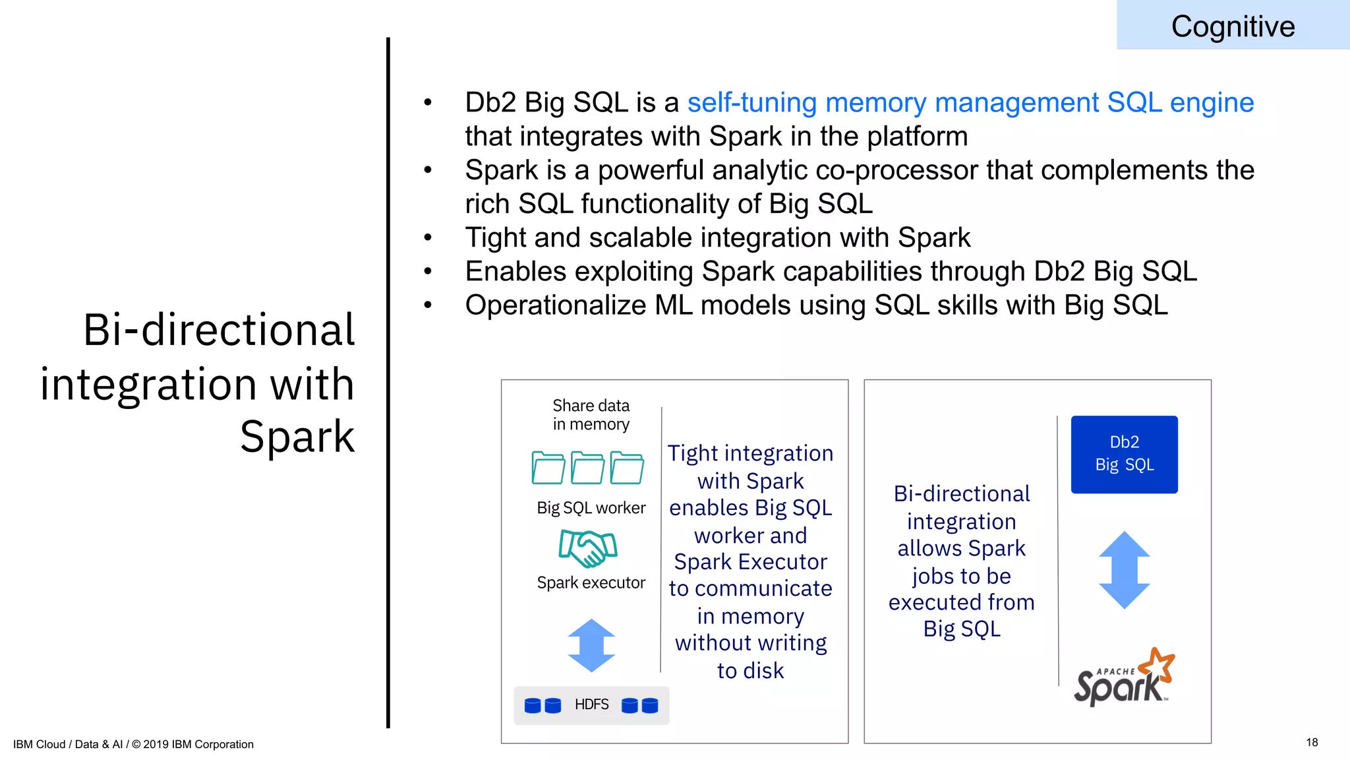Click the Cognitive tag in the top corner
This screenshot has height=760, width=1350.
[x=1233, y=26]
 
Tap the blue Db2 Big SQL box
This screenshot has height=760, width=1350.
[x=1124, y=454]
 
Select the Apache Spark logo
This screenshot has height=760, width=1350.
[x=1124, y=678]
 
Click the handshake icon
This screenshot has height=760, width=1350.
[x=587, y=548]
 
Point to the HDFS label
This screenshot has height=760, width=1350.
[x=591, y=705]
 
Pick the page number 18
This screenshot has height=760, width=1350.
[x=1312, y=742]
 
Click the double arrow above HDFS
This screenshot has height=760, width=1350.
[x=591, y=645]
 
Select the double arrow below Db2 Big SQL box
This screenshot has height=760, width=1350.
[x=1124, y=569]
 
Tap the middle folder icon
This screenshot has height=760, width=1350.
[x=587, y=468]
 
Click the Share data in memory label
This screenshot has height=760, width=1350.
[x=591, y=414]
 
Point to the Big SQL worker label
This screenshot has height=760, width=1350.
[x=591, y=508]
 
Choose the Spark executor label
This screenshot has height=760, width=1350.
[x=591, y=583]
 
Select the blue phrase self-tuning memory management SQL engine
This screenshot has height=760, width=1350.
[x=970, y=103]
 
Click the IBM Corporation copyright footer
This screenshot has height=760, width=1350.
[x=133, y=744]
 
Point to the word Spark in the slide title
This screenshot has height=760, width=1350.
[x=297, y=437]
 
